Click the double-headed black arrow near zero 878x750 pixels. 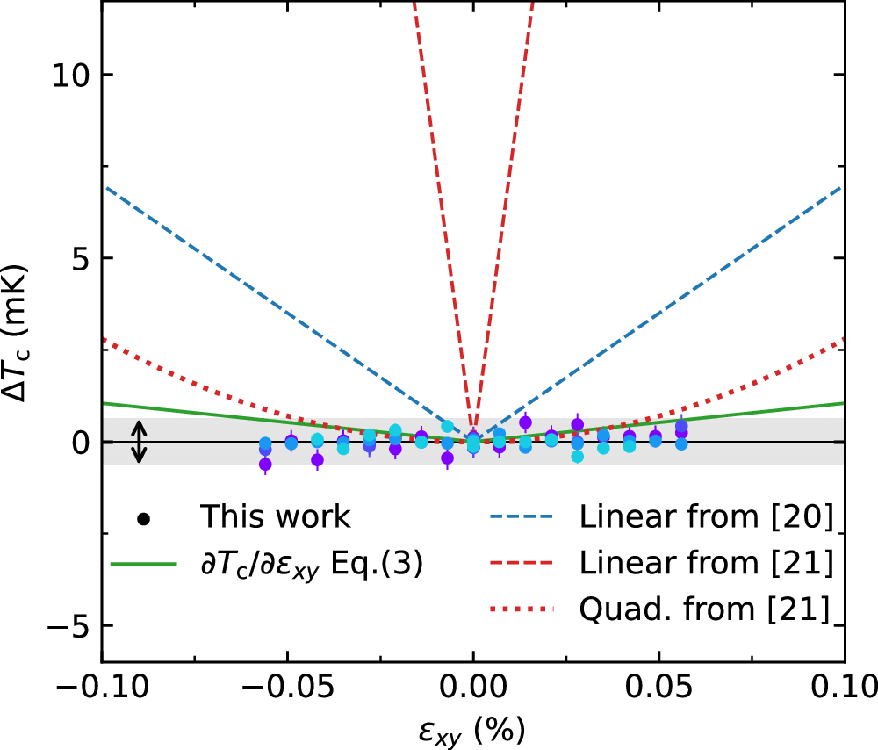(x=138, y=442)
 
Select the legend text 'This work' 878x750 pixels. (x=275, y=517)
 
